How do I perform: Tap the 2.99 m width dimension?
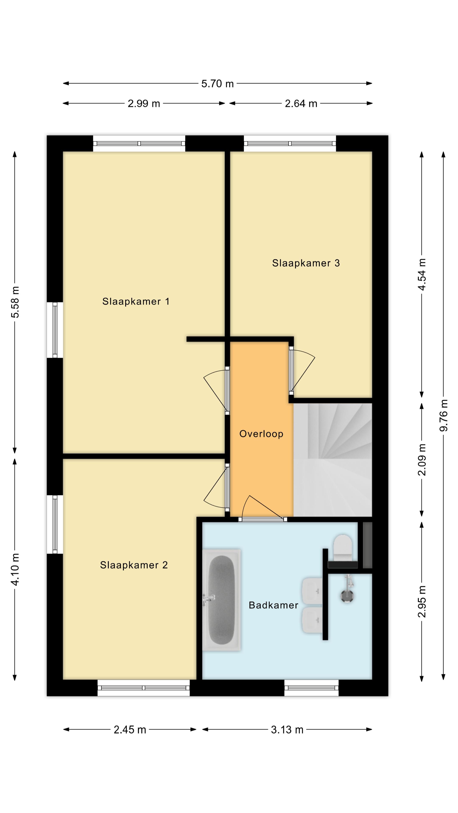[x=144, y=104]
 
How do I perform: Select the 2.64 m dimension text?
[x=301, y=104]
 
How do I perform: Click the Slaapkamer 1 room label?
[x=136, y=301]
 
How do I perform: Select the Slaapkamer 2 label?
[x=134, y=565]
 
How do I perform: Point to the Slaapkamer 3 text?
[x=306, y=263]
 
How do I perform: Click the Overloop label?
[x=261, y=434]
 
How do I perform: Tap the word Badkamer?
[x=273, y=605]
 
